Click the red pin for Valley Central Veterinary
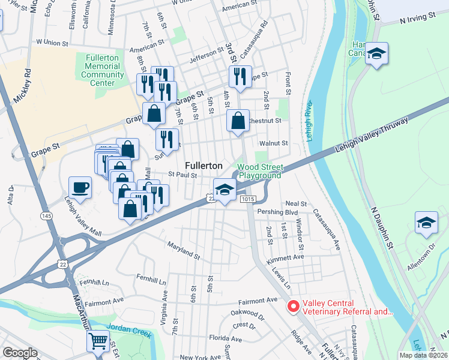point(294,307)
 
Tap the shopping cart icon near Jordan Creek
point(98,341)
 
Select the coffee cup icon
point(80,187)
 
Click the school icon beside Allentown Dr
point(426,223)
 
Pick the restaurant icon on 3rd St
point(239,76)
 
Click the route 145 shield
point(46,215)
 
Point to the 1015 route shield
point(247,199)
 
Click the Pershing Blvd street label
point(277,212)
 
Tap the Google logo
point(20,353)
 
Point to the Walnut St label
point(274,143)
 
